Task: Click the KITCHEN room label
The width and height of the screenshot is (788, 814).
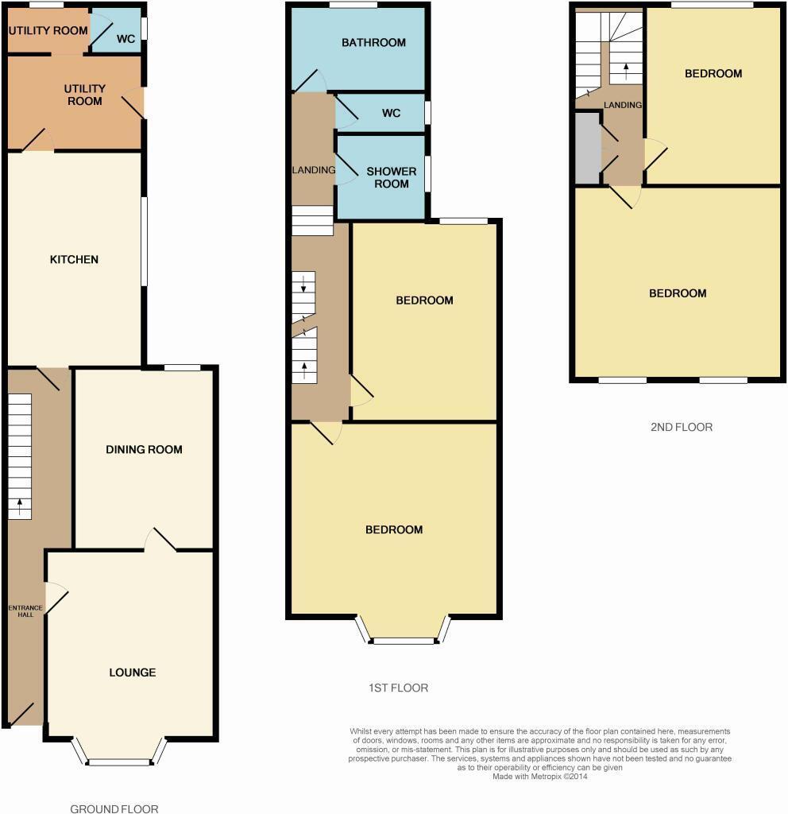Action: [74, 260]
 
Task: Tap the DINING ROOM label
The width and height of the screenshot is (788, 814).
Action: [144, 450]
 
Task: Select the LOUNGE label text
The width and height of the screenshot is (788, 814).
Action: [132, 673]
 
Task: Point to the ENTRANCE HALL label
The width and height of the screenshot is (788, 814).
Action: [25, 610]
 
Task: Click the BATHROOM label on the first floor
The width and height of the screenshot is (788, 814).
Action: [373, 43]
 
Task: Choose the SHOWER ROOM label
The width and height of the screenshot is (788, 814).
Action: [391, 177]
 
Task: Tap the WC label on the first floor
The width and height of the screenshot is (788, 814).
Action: [391, 114]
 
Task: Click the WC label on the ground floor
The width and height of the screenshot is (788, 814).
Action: [126, 38]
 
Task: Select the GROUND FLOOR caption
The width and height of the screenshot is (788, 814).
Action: [114, 809]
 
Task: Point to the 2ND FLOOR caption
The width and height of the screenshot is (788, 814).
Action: [681, 427]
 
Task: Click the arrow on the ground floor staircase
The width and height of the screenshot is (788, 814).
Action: [20, 503]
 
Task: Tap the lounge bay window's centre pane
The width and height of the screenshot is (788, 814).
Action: [119, 762]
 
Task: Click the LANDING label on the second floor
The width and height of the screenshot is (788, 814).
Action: [623, 105]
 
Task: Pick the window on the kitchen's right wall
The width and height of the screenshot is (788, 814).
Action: [144, 240]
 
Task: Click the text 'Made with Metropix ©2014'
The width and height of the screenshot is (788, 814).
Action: [539, 776]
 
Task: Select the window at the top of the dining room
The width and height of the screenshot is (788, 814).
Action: [182, 367]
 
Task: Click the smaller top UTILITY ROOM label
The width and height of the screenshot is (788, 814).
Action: [48, 31]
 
